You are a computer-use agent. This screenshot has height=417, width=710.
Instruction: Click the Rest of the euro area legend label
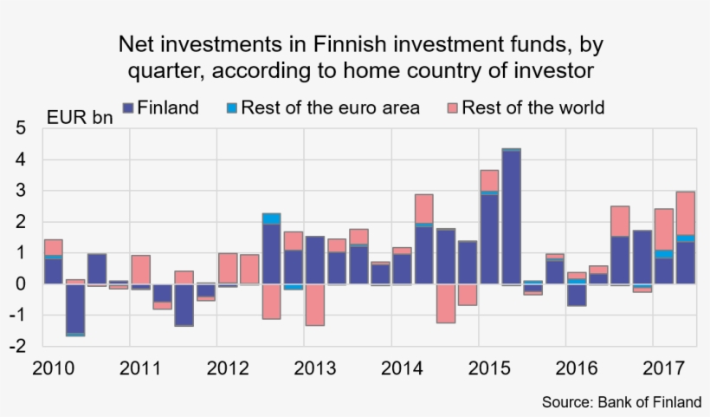(x=330, y=108)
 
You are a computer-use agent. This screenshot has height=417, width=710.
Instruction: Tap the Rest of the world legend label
(x=532, y=108)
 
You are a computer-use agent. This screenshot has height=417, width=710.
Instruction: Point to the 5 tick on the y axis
(x=22, y=129)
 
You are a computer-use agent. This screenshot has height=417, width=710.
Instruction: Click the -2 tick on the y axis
(x=18, y=345)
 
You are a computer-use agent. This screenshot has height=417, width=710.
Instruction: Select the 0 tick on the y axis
(x=22, y=283)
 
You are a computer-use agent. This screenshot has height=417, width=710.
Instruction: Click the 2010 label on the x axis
(x=53, y=368)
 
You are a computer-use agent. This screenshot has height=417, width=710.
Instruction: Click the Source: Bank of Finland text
(x=621, y=402)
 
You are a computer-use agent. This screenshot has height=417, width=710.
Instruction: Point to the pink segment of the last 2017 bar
(x=685, y=212)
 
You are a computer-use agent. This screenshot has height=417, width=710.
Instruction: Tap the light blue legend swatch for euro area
(x=230, y=108)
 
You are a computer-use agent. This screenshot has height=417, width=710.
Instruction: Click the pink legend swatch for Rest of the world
(x=452, y=108)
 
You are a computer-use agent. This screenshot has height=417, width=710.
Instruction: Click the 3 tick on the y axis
(x=22, y=191)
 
